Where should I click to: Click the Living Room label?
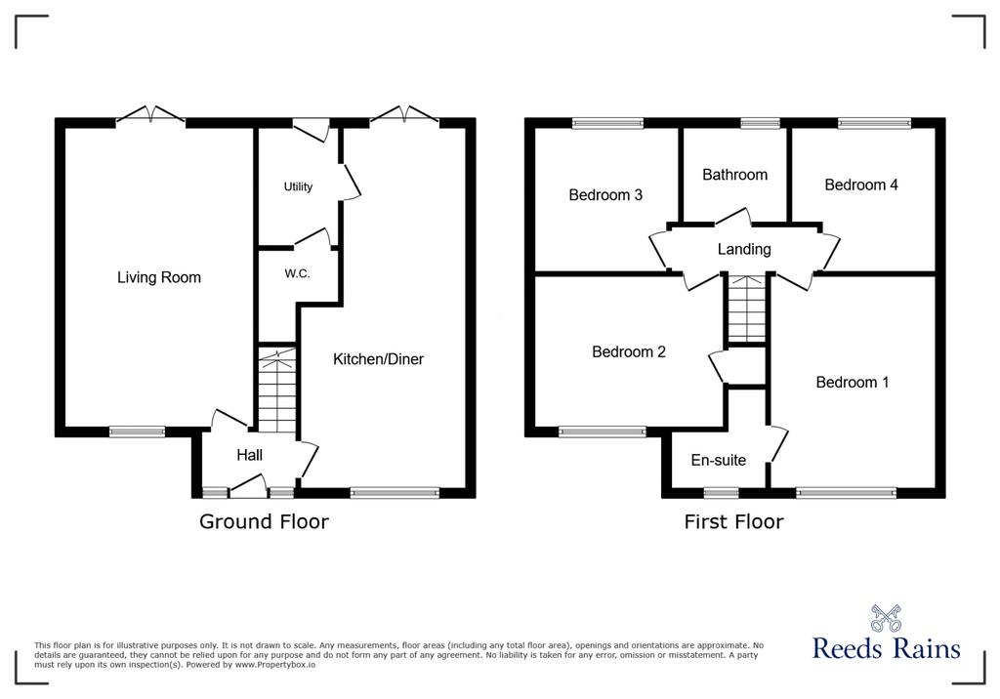pos(159,277)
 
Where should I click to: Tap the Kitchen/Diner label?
pos(378,359)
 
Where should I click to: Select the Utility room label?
pos(298,186)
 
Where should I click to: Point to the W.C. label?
pos(297,273)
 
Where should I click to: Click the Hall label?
pos(249,455)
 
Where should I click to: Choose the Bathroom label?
pos(734,175)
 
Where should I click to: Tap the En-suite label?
pos(718,460)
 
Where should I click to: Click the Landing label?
pos(744,249)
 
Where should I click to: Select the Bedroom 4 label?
pos(861,185)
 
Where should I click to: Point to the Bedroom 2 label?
pos(629,352)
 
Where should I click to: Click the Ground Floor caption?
pos(264,521)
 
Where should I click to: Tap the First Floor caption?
pos(733,521)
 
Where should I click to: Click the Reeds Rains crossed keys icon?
pos(886,619)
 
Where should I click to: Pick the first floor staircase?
pos(747,309)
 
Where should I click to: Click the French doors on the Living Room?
pos(150,115)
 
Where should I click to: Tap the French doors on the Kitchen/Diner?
pos(404,115)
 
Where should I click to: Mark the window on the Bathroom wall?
pos(760,124)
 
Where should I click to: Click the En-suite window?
pos(721,492)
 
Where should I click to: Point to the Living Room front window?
pos(137,432)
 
